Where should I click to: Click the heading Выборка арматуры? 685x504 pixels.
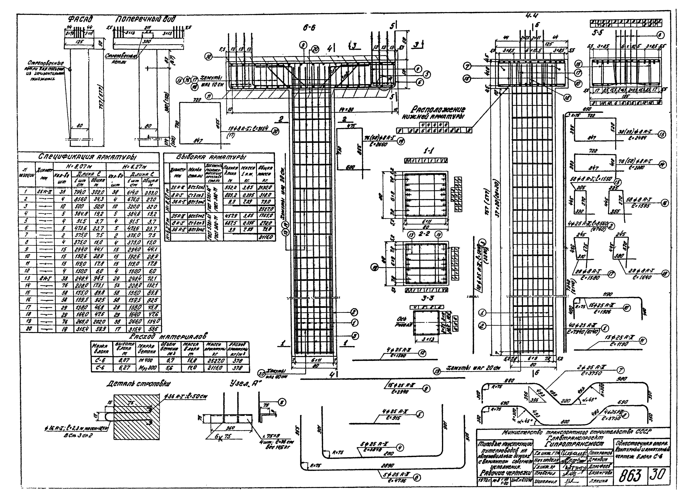click(211, 157)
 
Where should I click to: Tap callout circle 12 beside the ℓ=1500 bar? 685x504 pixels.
click(422, 353)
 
